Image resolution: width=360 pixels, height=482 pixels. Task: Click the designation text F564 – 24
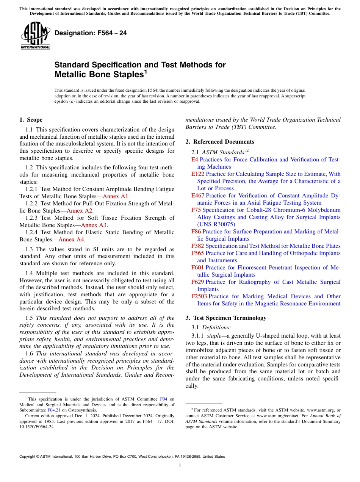click(x=91, y=33)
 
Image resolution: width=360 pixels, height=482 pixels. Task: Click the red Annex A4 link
click(x=71, y=239)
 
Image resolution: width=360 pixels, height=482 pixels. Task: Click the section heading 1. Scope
click(x=31, y=120)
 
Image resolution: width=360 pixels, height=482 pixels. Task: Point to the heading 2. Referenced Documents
click(x=220, y=142)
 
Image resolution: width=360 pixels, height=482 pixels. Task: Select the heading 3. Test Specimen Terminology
click(x=226, y=318)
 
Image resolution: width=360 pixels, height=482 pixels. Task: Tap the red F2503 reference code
click(x=199, y=296)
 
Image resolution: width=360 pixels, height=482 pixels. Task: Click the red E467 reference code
click(x=197, y=196)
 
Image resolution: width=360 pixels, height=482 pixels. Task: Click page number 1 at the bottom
click(x=180, y=465)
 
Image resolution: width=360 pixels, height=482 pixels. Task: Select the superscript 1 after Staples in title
click(x=146, y=72)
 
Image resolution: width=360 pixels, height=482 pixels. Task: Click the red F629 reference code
click(x=197, y=282)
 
